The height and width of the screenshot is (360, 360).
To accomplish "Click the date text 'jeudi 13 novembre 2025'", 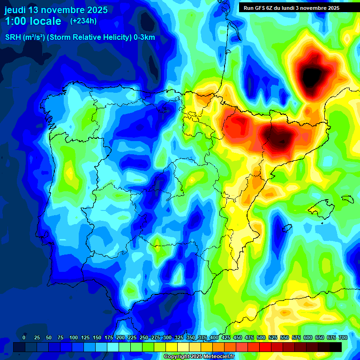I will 56,10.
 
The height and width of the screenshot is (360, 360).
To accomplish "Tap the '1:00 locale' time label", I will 33,21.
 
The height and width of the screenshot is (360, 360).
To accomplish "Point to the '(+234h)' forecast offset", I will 83,21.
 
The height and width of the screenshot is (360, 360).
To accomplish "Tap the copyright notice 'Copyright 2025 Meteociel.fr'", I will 199,357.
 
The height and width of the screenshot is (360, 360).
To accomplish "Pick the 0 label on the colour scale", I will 24,337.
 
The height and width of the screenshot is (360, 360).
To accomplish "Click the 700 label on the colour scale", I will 343,337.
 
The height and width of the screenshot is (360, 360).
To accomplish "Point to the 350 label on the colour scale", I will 191,337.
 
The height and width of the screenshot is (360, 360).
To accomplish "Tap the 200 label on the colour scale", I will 120,337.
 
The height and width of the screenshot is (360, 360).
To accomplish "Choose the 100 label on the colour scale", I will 74,337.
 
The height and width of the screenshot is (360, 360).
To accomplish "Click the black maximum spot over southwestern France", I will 311,75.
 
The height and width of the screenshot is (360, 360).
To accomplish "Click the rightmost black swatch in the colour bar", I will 335,347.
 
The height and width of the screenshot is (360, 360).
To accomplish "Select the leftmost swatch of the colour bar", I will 19,347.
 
